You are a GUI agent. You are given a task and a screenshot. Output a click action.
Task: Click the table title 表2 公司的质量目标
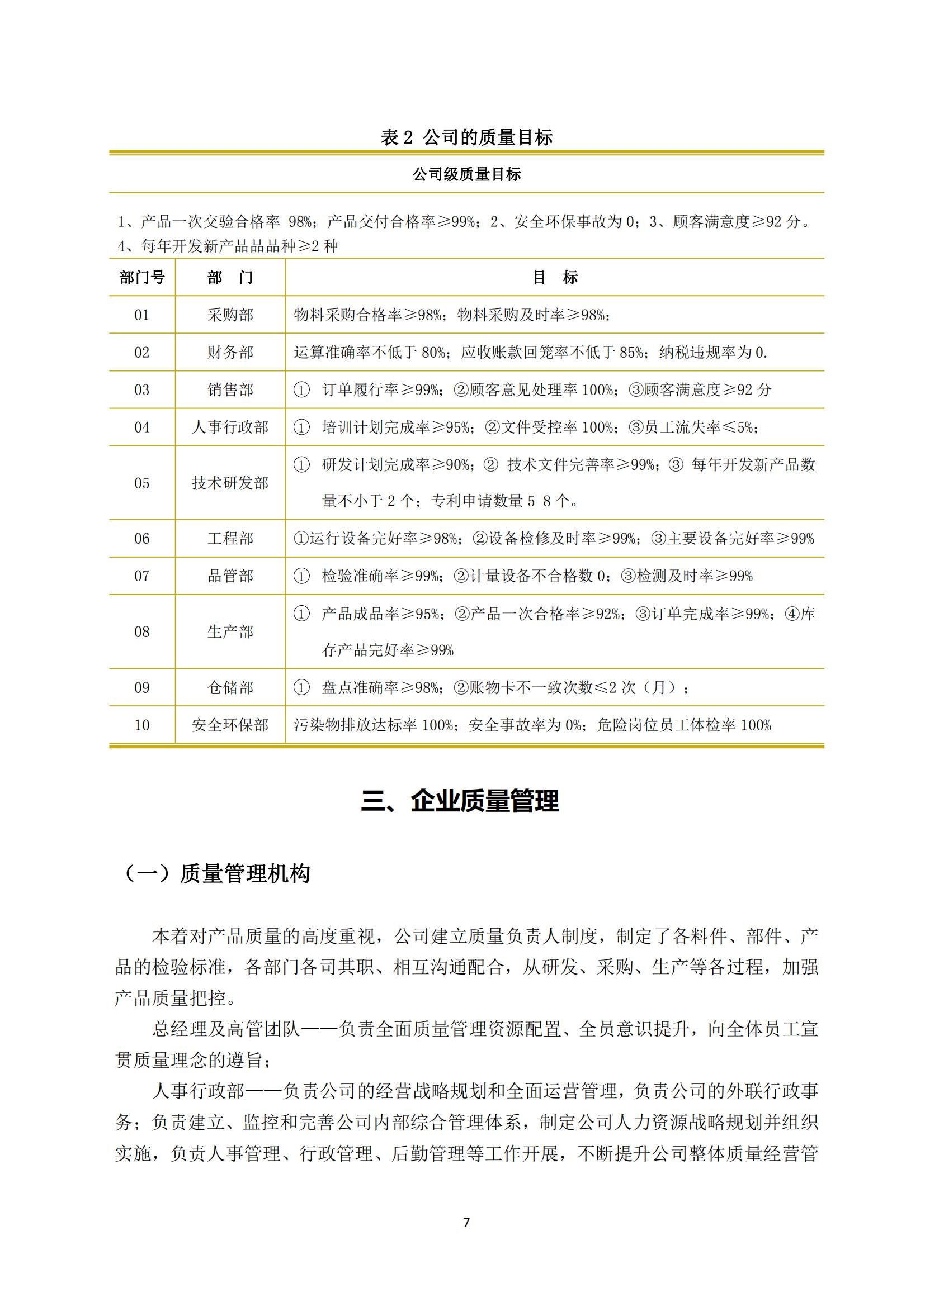click(x=466, y=137)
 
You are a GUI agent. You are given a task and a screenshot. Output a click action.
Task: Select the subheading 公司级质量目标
click(x=466, y=174)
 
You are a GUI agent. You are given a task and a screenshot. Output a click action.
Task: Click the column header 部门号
click(x=142, y=278)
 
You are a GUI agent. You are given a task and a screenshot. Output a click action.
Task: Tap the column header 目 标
click(x=555, y=278)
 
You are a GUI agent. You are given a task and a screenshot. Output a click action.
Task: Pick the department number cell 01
click(x=142, y=315)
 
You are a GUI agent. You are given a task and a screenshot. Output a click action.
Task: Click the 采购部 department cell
click(x=230, y=315)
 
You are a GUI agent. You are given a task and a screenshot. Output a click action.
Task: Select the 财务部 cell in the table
click(x=230, y=353)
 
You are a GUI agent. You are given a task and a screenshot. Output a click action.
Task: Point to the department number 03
click(x=142, y=390)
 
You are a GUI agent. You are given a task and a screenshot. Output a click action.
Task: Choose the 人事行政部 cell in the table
click(x=230, y=427)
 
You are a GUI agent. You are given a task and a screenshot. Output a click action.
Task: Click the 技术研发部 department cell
click(x=230, y=483)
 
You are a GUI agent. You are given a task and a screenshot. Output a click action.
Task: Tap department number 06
click(x=142, y=539)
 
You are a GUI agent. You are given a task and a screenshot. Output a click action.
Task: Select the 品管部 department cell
click(x=230, y=576)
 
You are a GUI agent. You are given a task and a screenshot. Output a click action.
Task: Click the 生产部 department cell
click(x=230, y=632)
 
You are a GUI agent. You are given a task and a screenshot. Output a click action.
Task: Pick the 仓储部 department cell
click(x=230, y=688)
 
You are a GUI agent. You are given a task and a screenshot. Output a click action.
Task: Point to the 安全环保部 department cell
click(x=230, y=725)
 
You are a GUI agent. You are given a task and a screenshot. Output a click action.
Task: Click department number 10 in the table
click(x=142, y=725)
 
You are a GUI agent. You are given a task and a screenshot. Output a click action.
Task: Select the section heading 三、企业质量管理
click(x=460, y=801)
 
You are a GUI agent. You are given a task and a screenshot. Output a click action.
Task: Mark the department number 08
click(x=142, y=632)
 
